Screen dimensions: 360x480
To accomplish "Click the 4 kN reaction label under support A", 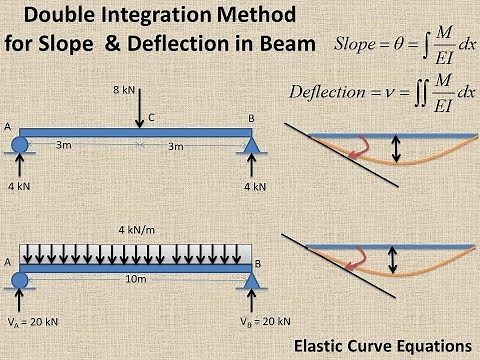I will (20, 186).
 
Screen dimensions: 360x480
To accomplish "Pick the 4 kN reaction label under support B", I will (257, 186).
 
